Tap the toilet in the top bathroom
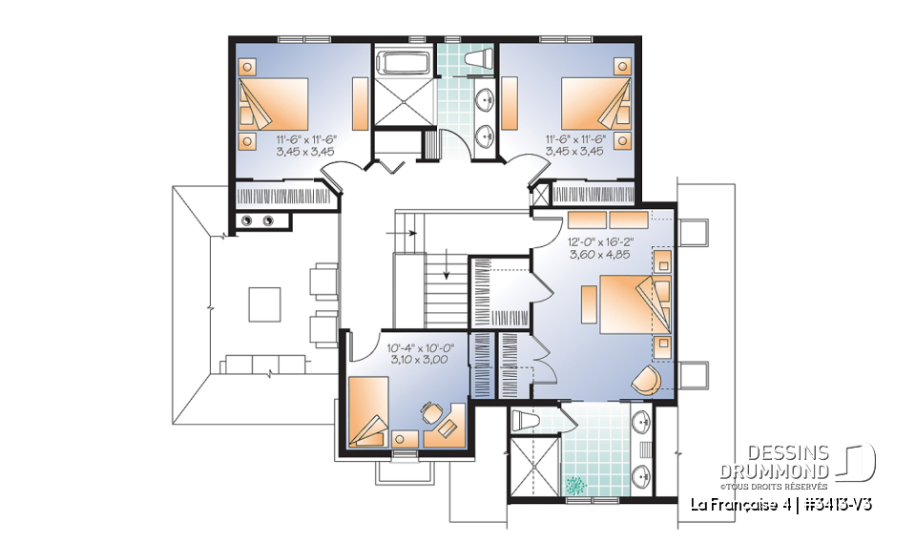point(477,60)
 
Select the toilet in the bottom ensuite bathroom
point(524,420)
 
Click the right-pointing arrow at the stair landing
point(408,231)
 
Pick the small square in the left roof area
point(264,304)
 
